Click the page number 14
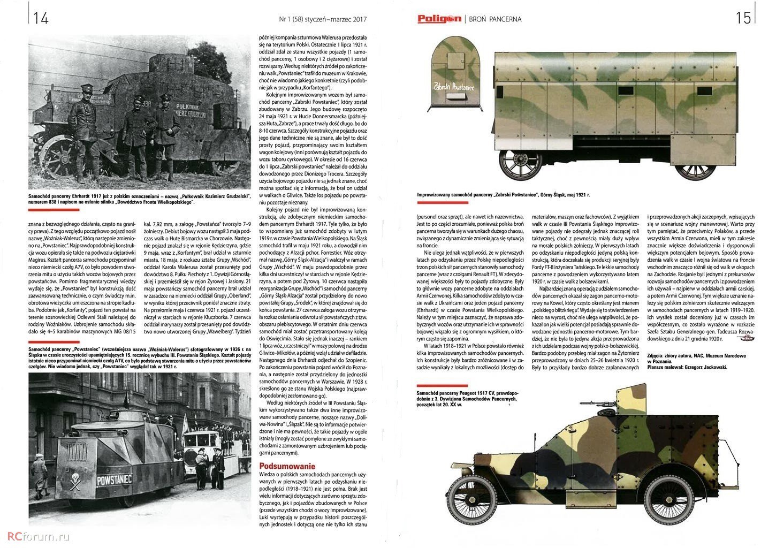(41, 18)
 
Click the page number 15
(743, 18)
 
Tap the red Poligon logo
(439, 19)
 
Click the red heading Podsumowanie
(287, 466)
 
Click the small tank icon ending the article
(747, 338)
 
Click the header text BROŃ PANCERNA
(494, 19)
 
